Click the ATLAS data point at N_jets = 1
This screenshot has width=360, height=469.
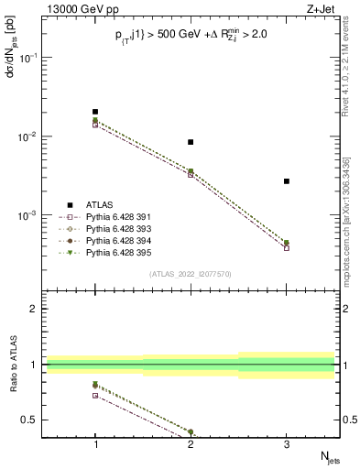coord(95,112)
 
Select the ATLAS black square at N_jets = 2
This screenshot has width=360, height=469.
coord(191,142)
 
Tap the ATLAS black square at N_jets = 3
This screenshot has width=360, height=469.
coord(287,181)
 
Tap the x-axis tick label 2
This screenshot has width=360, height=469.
coord(191,442)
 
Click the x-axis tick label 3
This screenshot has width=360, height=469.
coord(287,442)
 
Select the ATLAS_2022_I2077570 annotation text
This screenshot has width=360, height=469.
coord(191,273)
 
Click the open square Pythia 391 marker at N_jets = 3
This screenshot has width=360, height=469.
coord(287,248)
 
